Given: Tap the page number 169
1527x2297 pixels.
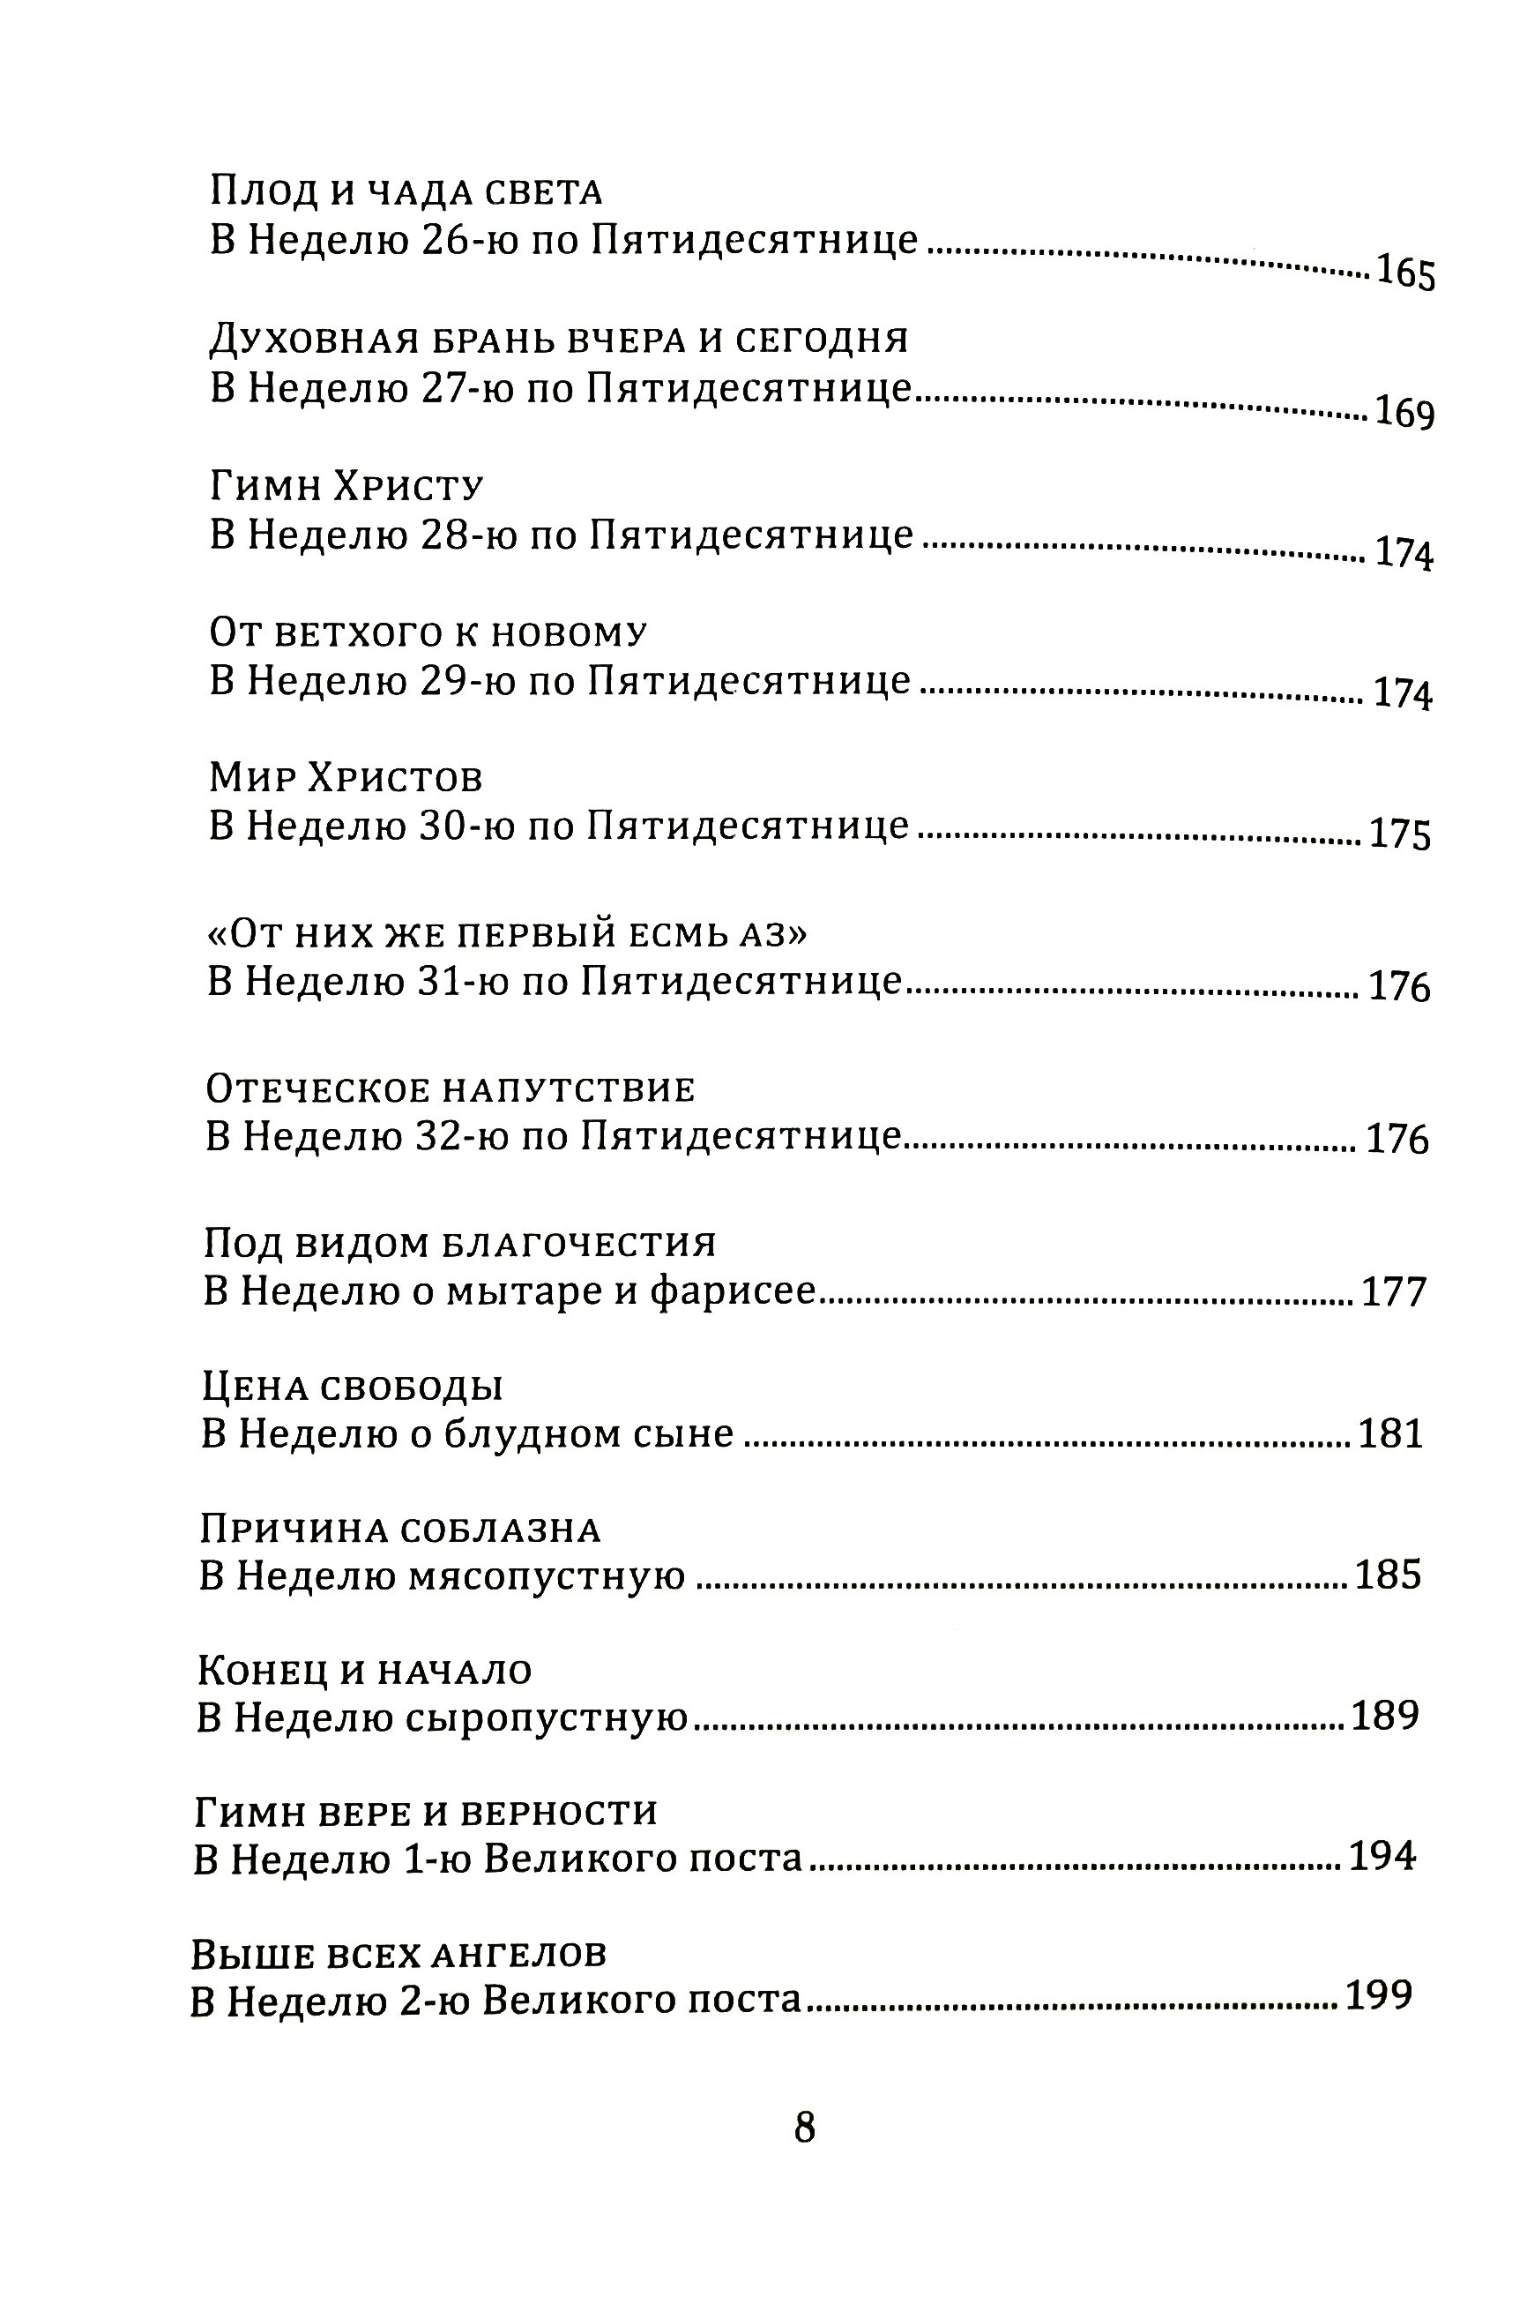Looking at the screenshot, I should [x=1404, y=414].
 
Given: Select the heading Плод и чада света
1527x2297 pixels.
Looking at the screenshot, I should [x=406, y=192].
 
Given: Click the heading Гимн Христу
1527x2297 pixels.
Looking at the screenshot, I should [x=346, y=485].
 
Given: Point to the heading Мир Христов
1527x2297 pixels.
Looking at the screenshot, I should [x=346, y=778].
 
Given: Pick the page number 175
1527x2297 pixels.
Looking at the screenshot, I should [x=1400, y=836].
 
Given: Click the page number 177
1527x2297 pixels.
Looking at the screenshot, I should [x=1394, y=1292].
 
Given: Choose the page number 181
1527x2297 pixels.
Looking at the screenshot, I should [x=1390, y=1435].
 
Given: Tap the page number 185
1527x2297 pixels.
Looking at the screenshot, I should [x=1388, y=1576].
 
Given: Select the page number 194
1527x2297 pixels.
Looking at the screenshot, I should [x=1382, y=1858].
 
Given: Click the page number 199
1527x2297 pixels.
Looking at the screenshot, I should [x=1378, y=1997].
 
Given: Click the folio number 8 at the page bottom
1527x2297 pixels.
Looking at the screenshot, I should [x=804, y=2156].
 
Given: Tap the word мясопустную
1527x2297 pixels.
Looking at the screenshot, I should [x=547, y=1576].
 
